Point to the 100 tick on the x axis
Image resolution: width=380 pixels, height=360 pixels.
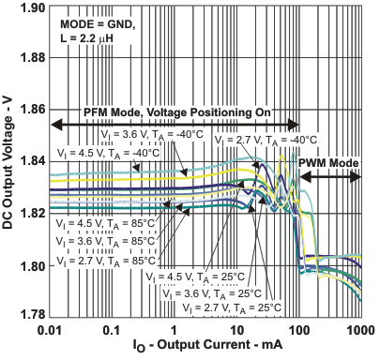tap(299, 330)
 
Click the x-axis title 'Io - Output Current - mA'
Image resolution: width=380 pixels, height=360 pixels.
tap(205, 348)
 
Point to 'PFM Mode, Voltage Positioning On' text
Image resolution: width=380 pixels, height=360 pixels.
tap(177, 112)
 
